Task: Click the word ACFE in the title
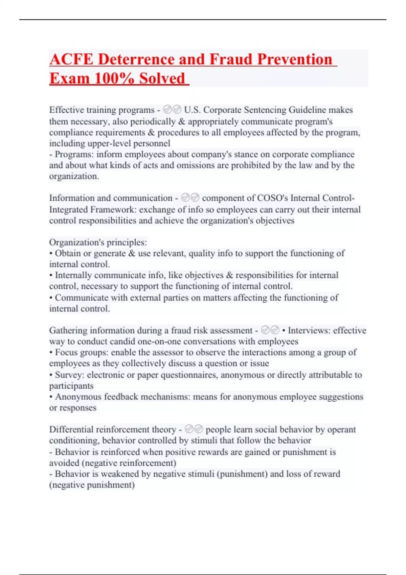tap(71, 60)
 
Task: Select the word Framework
tap(113, 209)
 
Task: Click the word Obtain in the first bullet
tap(68, 253)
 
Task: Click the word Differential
tap(71, 430)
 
